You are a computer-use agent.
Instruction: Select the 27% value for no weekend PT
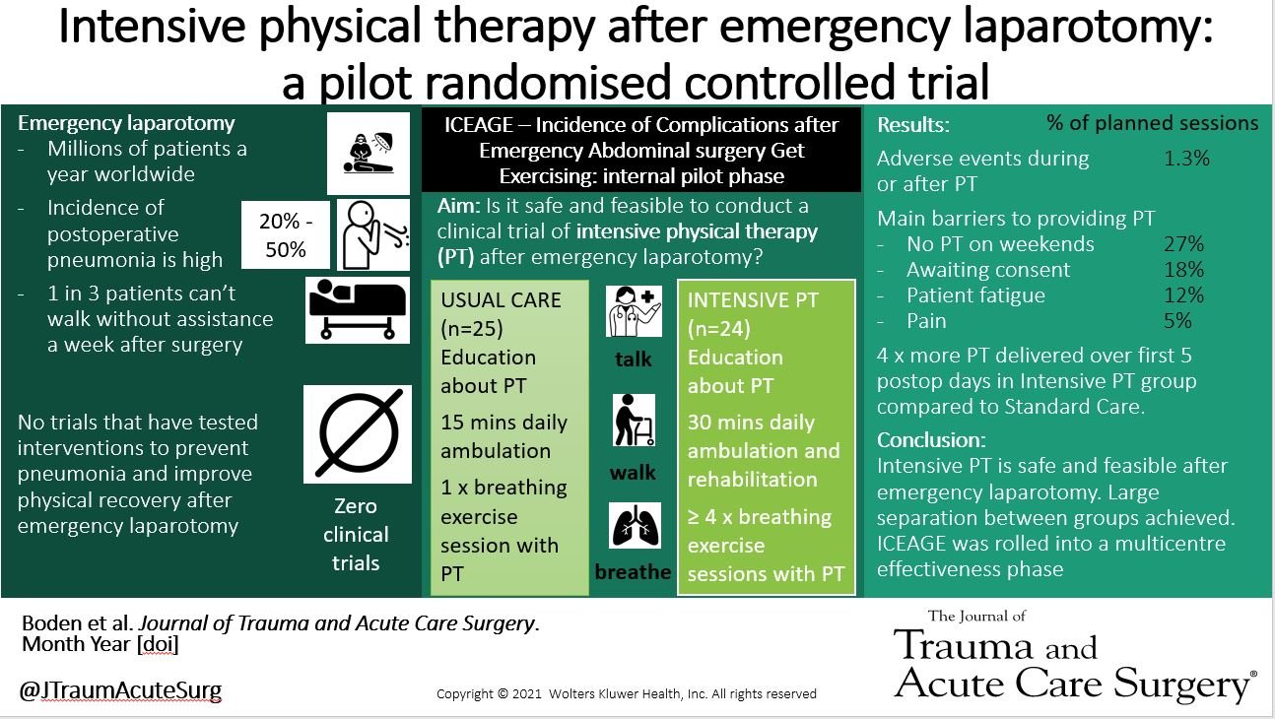click(x=1184, y=244)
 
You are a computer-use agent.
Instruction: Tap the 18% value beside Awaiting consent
click(x=1184, y=270)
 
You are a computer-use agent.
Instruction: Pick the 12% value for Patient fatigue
click(x=1184, y=295)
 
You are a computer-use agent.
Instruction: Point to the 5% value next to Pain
click(x=1178, y=321)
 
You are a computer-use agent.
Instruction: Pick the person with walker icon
click(x=632, y=422)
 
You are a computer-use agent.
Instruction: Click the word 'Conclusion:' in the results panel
click(x=931, y=440)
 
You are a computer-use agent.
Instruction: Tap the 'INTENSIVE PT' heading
click(x=753, y=299)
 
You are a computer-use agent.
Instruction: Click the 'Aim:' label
click(x=460, y=206)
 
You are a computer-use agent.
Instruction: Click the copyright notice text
click(x=627, y=693)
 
